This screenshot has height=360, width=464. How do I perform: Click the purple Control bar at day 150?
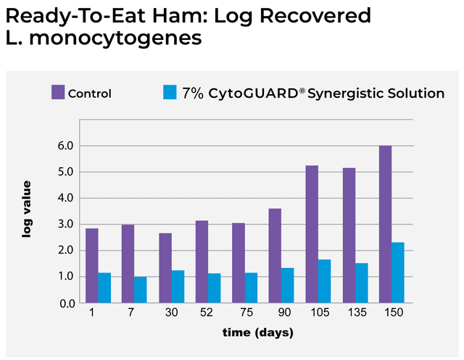[x=385, y=224]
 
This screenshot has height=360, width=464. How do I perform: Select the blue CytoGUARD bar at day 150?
[x=398, y=272]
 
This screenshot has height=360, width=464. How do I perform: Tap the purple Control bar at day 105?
[x=312, y=234]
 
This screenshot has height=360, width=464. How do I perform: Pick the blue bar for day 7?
[x=141, y=289]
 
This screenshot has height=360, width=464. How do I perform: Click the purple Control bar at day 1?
[x=91, y=265]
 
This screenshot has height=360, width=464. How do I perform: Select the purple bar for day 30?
[x=165, y=267]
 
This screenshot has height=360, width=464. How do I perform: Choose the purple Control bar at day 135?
[x=349, y=235]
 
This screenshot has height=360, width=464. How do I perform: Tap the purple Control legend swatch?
[x=58, y=93]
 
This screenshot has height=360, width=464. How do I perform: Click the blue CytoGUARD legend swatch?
[x=169, y=93]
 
